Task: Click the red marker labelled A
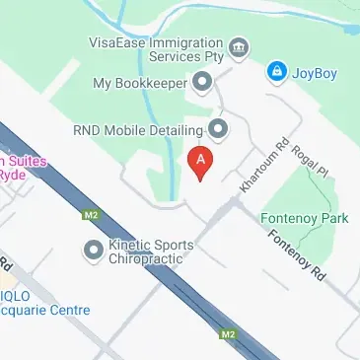200,163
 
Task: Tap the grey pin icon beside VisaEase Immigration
237,47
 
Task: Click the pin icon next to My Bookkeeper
202,83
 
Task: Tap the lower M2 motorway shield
229,334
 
